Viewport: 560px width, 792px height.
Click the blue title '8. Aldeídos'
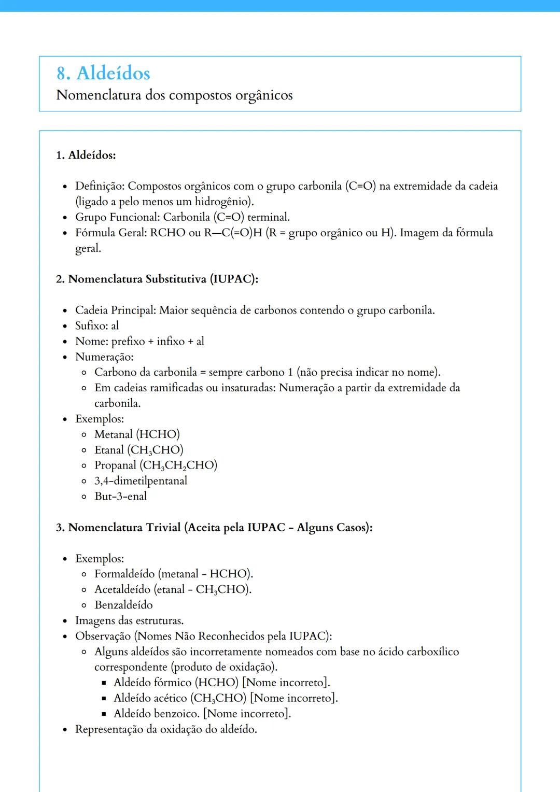103,73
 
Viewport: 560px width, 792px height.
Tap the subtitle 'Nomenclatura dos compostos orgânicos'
174,95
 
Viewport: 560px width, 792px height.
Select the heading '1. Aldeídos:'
86,155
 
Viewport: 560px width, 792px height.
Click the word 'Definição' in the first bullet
99,186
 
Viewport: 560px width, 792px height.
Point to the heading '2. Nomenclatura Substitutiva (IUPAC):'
157,279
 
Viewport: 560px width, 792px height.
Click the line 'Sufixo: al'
97,326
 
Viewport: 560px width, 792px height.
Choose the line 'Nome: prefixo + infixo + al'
139,341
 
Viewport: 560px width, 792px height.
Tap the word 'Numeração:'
104,357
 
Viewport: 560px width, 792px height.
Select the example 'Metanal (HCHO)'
137,434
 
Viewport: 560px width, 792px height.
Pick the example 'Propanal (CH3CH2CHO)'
156,465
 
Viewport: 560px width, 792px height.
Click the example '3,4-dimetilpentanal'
141,481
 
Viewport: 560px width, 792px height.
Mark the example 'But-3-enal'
120,497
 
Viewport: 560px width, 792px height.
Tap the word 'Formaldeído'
124,574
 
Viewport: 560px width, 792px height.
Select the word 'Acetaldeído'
122,589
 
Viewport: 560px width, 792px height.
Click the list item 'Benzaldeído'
123,605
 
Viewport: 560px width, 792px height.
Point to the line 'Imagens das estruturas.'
129,620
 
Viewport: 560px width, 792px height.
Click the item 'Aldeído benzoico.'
157,714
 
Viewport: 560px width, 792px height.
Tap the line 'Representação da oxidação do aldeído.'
166,729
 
